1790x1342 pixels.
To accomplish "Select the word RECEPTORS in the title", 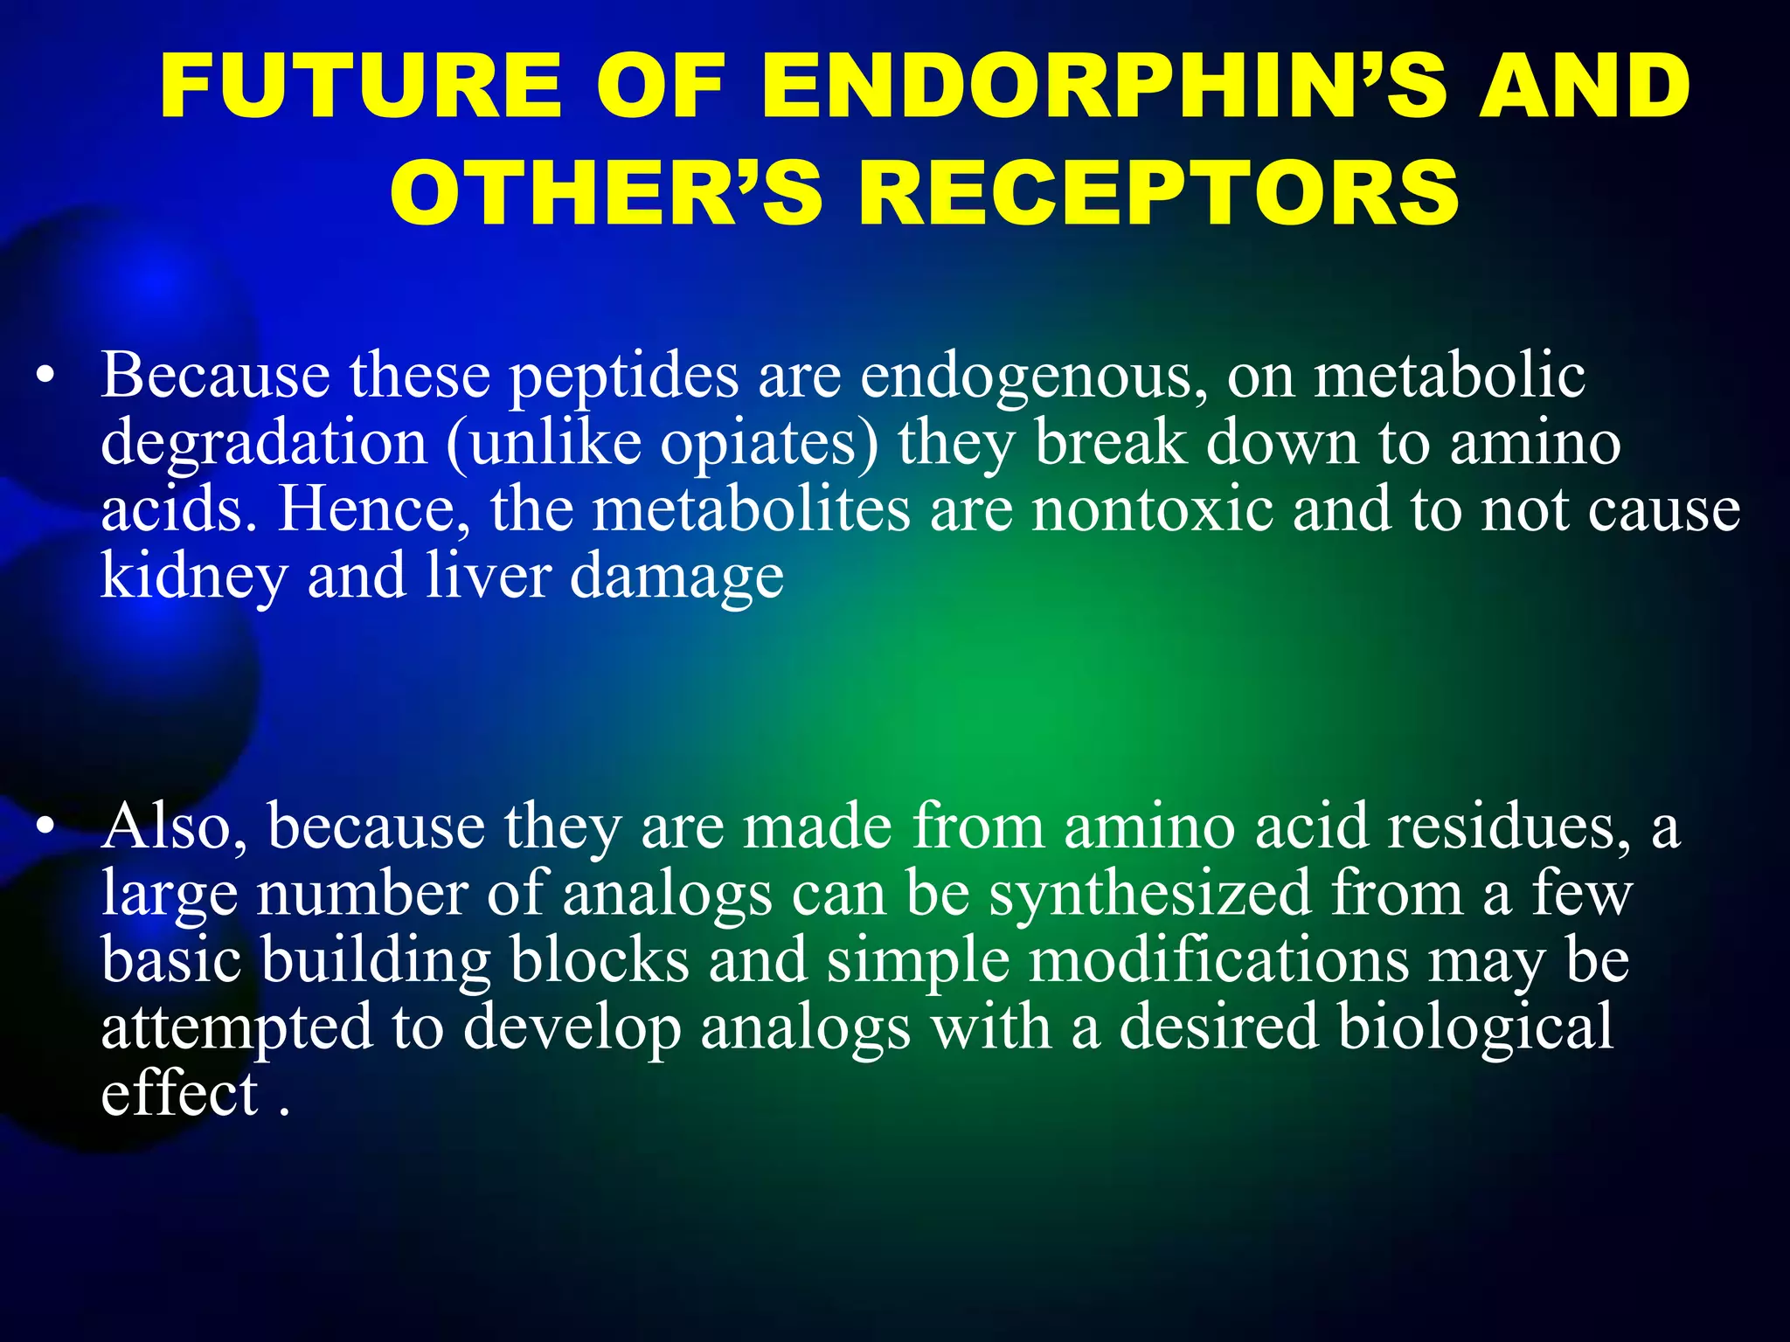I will [1159, 192].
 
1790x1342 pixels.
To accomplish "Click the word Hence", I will [372, 510].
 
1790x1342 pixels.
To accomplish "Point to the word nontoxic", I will [1152, 510].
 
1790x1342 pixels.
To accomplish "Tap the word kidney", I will [193, 577].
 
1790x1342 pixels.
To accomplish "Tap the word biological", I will [1475, 1027].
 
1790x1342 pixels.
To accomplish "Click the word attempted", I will [236, 1027].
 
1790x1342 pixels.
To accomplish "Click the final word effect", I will [179, 1093].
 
